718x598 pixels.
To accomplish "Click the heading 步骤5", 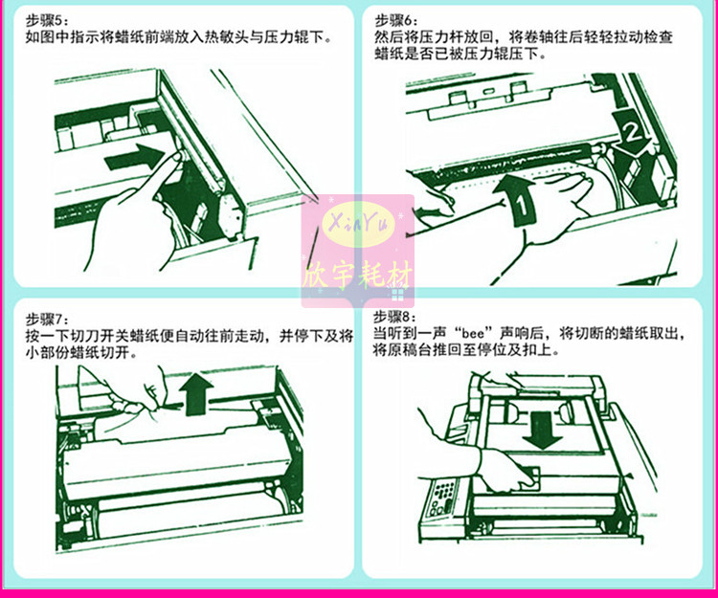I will point(45,20).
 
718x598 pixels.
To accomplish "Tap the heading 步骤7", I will point(45,319).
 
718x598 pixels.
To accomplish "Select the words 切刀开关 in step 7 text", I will point(94,337).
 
